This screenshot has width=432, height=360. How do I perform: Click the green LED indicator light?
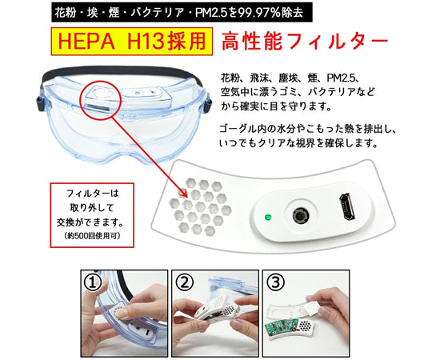click(268, 217)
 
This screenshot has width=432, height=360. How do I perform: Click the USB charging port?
click(347, 206)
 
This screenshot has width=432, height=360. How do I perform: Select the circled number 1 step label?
click(93, 283)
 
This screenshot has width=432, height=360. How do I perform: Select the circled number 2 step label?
click(184, 282)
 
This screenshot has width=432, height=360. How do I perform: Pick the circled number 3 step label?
click(275, 282)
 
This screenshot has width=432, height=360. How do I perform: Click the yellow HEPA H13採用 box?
click(132, 42)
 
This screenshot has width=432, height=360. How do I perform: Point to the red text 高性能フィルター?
click(304, 42)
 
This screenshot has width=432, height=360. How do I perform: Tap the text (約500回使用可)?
click(92, 236)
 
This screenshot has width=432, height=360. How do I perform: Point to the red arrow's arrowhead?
click(184, 194)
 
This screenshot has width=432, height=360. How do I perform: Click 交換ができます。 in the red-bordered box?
click(90, 222)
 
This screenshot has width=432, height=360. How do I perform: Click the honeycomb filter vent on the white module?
click(200, 207)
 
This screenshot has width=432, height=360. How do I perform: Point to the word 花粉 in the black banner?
click(65, 13)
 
